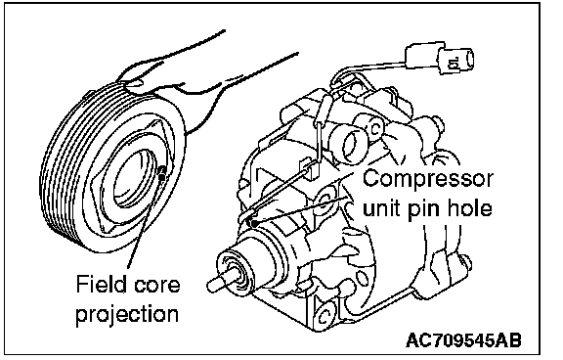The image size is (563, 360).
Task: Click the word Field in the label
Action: pyautogui.click(x=102, y=284)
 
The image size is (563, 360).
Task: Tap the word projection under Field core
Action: pyautogui.click(x=127, y=314)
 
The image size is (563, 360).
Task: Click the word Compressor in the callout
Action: pyautogui.click(x=428, y=179)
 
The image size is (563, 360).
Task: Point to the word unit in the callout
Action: pyautogui.click(x=383, y=208)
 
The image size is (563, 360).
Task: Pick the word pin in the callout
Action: pyautogui.click(x=424, y=210)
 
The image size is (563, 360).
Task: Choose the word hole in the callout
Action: pyautogui.click(x=468, y=207)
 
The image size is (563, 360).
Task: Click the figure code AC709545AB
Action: pyautogui.click(x=463, y=340)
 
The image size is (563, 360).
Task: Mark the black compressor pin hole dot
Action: pyautogui.click(x=254, y=223)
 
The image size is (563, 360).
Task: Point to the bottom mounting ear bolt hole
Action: pyautogui.click(x=325, y=315)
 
